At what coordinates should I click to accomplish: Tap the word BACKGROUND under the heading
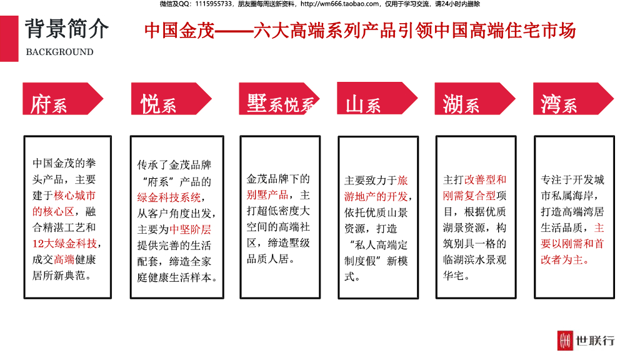(x=59, y=52)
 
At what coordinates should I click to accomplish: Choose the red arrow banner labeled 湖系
(x=474, y=99)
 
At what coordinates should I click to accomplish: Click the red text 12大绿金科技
(x=64, y=244)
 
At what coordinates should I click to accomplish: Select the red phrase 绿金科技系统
(x=170, y=197)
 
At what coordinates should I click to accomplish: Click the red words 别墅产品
(x=267, y=194)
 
